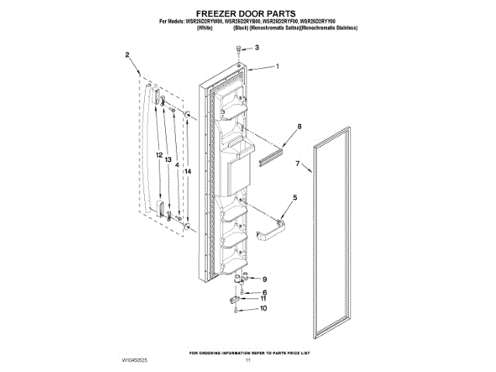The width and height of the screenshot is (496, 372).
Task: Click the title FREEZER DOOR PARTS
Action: point(247,13)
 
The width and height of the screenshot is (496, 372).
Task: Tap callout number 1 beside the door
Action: point(277,67)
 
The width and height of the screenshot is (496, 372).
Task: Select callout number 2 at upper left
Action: point(127,55)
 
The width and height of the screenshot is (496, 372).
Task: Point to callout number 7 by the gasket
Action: point(297,164)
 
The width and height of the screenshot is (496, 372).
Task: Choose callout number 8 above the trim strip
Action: point(299,126)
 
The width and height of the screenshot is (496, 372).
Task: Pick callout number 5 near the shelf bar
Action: point(294,198)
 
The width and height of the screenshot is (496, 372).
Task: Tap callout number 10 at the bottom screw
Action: point(263,308)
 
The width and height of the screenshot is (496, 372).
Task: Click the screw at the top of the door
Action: point(237,50)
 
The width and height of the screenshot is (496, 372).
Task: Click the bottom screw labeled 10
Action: point(236,309)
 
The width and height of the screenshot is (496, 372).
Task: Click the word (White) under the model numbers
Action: point(205,28)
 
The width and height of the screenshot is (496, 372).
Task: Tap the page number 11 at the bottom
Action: point(248,360)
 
